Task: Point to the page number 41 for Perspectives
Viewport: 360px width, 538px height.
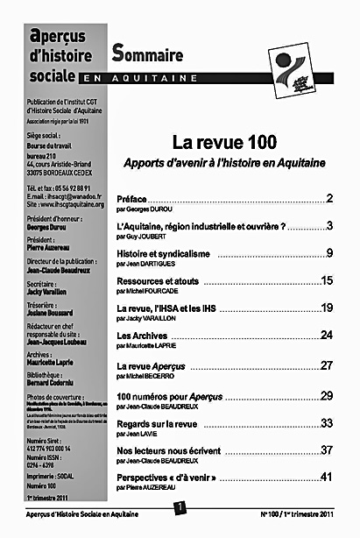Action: click(x=327, y=477)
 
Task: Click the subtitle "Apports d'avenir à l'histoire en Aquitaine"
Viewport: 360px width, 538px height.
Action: click(x=223, y=163)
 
